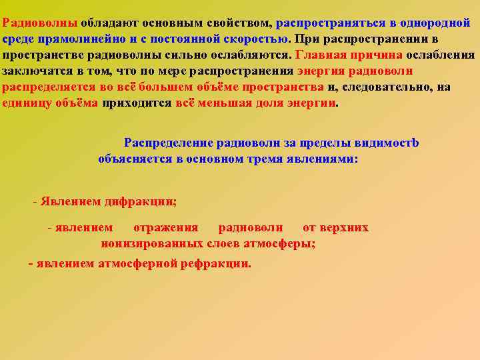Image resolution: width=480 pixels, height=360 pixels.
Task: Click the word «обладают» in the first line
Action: (x=106, y=21)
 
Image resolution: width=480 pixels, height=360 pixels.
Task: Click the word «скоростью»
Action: (x=255, y=38)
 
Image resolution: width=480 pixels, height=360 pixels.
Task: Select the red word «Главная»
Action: (x=319, y=55)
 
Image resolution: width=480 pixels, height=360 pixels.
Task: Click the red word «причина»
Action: (x=375, y=55)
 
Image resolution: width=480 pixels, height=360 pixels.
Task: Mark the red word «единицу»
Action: (x=25, y=103)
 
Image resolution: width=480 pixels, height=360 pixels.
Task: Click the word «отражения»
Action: (x=166, y=227)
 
